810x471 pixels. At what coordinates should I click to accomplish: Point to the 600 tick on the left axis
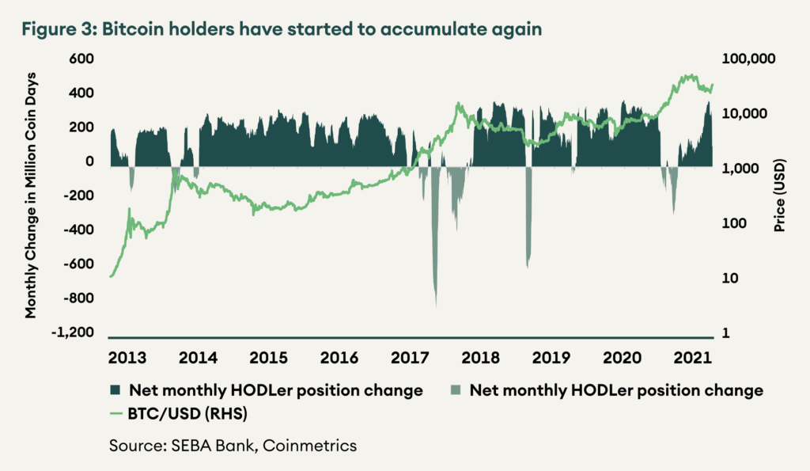point(81,59)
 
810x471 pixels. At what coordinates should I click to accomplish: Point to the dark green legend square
point(115,390)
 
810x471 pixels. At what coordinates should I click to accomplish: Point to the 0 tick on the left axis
point(89,161)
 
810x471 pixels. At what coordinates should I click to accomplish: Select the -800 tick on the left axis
point(79,298)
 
